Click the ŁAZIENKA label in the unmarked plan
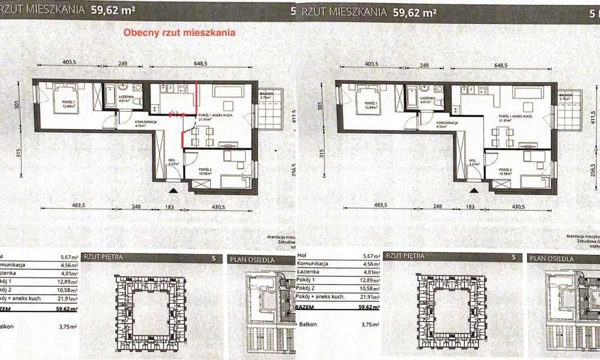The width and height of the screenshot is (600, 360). click(x=427, y=97)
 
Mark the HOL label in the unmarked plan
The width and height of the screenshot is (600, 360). click(x=472, y=161)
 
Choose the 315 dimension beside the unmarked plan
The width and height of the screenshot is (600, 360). click(x=322, y=153)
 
